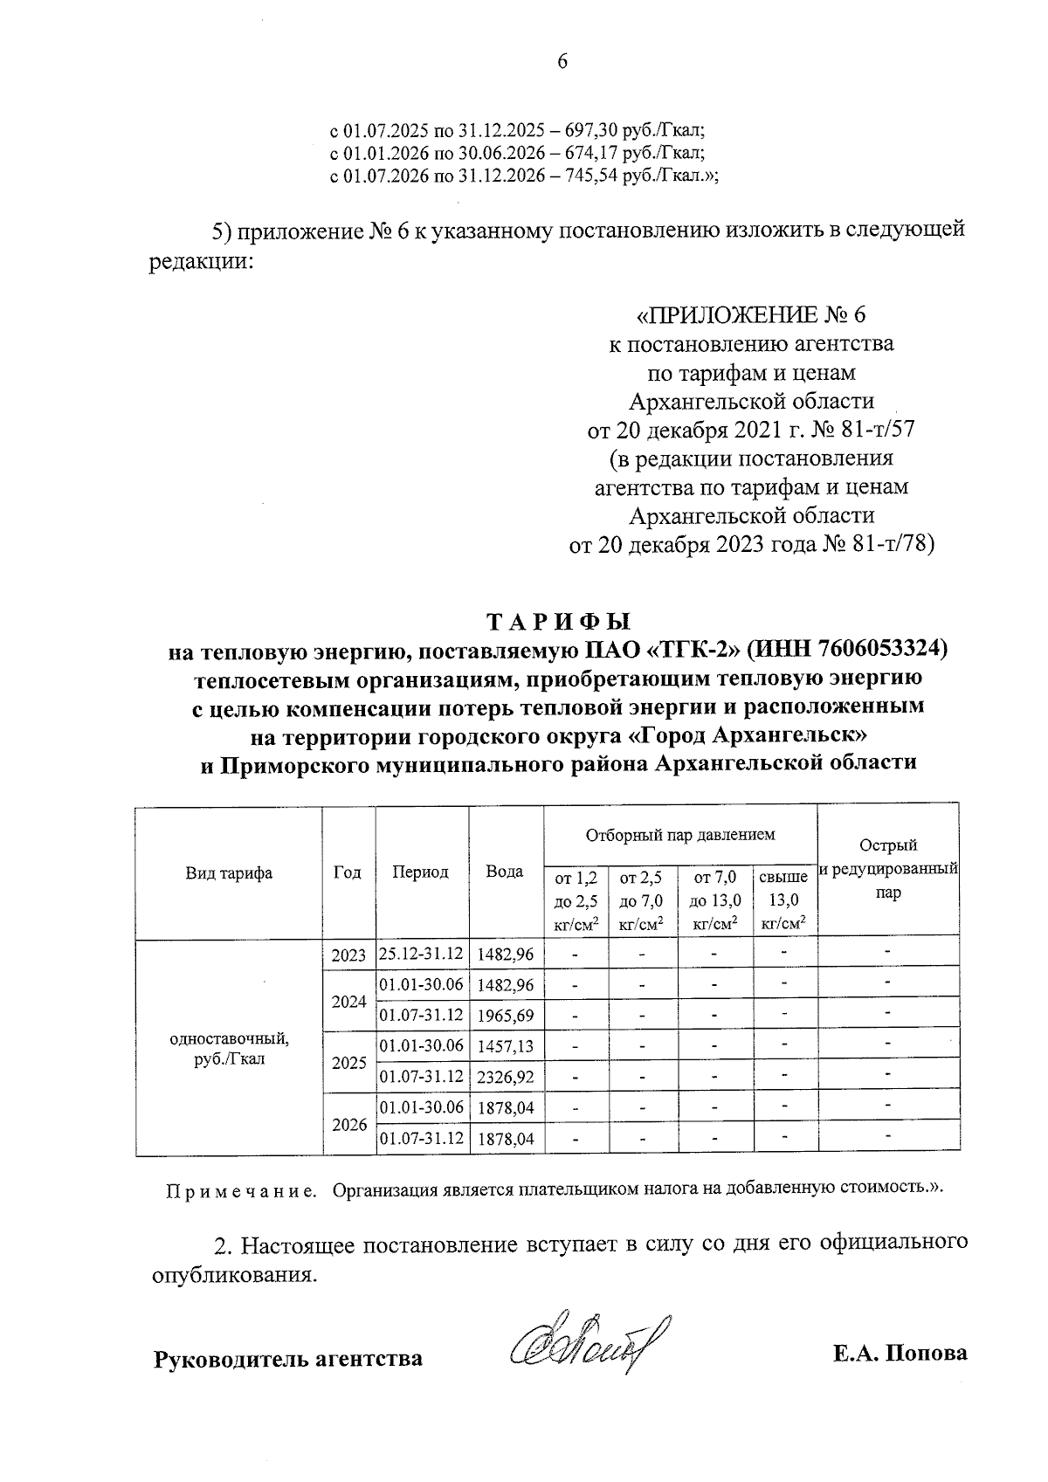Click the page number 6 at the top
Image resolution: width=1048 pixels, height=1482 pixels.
(x=562, y=61)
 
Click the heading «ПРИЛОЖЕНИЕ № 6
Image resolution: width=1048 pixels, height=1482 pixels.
(x=751, y=314)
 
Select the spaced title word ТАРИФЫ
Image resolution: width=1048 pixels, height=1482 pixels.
(x=558, y=622)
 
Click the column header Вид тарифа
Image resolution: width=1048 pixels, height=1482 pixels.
(x=229, y=872)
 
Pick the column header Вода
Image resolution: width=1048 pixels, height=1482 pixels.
(x=505, y=872)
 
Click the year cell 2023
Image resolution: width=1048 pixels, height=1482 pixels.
(x=348, y=955)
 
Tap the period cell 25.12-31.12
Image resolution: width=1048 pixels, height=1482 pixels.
(x=421, y=954)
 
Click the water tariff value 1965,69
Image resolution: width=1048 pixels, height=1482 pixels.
(x=505, y=1016)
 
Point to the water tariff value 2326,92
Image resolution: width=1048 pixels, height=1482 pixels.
(x=505, y=1077)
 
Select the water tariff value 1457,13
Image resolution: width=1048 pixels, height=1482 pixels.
(x=505, y=1046)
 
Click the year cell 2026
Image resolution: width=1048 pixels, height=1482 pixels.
(x=348, y=1124)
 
